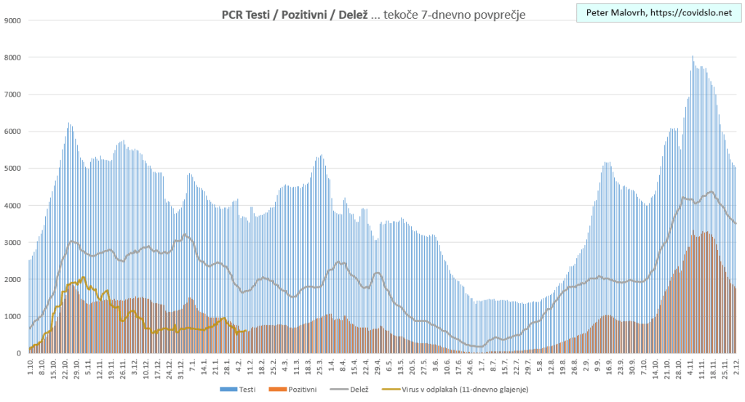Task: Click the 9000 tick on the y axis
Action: [12, 20]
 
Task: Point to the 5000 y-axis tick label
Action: [12, 169]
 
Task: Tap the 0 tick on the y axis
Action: [18, 353]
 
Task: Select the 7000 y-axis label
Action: [12, 95]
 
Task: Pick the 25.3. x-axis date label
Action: [320, 366]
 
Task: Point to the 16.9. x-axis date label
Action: [607, 366]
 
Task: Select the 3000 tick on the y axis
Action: [12, 243]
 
